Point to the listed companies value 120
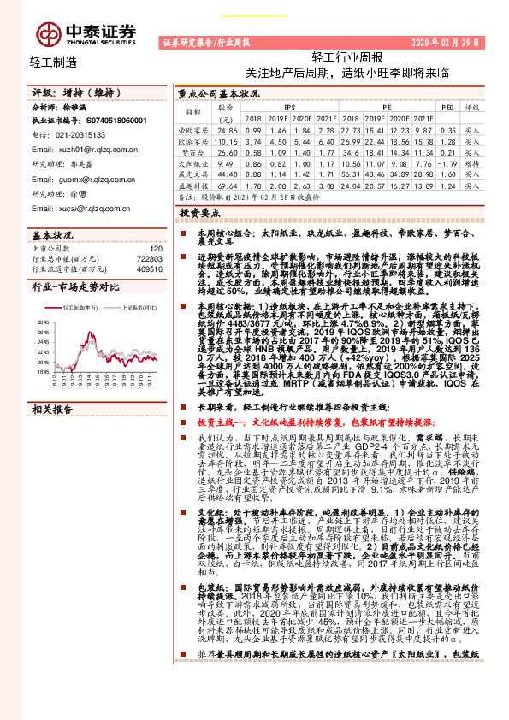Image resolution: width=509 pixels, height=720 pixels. click(156, 247)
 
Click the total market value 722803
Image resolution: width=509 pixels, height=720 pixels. click(150, 257)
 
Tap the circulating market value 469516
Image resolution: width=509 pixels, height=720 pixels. click(150, 268)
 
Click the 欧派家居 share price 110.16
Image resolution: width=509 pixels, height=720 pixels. click(226, 139)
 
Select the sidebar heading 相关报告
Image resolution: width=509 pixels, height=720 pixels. click(52, 409)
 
